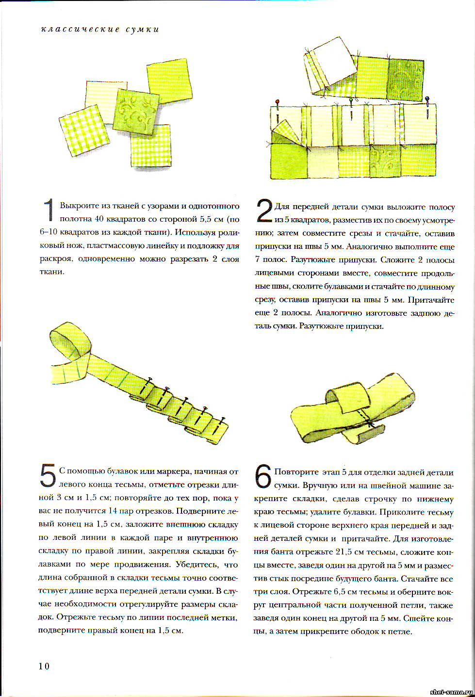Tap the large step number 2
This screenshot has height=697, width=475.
(x=263, y=211)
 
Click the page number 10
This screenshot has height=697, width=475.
(x=44, y=666)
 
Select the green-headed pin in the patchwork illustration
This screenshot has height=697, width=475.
(x=350, y=101)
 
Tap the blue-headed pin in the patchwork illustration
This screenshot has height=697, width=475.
(x=427, y=100)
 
